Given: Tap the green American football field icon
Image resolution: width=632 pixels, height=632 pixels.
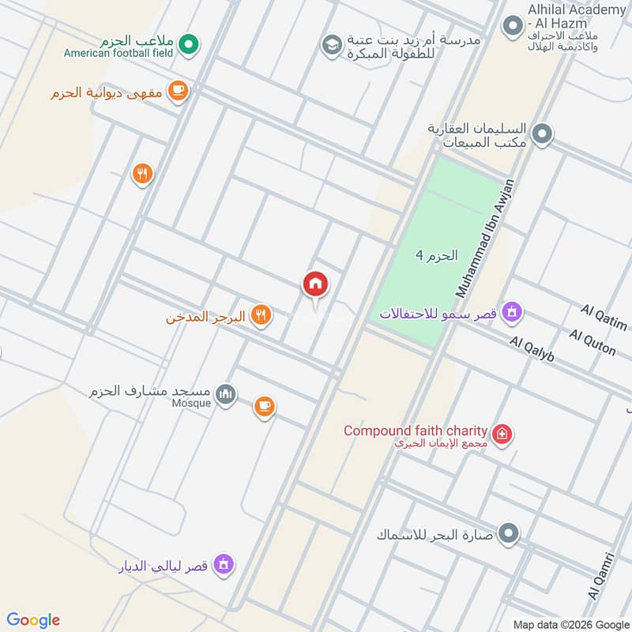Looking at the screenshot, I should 187,44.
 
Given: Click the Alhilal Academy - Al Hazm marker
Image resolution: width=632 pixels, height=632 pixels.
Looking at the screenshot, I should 511,26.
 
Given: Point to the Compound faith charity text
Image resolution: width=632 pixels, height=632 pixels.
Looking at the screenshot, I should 415,431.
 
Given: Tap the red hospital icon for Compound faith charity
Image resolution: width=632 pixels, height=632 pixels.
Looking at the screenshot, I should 501,434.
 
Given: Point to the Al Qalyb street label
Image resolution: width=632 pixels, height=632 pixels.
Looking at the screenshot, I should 532,348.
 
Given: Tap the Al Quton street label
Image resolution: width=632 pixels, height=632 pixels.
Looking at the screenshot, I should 592,344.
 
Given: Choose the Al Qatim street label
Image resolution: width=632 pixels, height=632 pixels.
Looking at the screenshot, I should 604,318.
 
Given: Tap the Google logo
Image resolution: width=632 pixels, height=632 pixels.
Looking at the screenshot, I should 33,620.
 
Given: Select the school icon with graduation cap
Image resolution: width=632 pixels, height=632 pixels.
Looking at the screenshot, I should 331,45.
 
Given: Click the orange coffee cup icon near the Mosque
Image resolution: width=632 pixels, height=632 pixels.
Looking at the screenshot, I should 265,407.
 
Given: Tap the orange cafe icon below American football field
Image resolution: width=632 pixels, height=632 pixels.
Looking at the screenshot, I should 178,92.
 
